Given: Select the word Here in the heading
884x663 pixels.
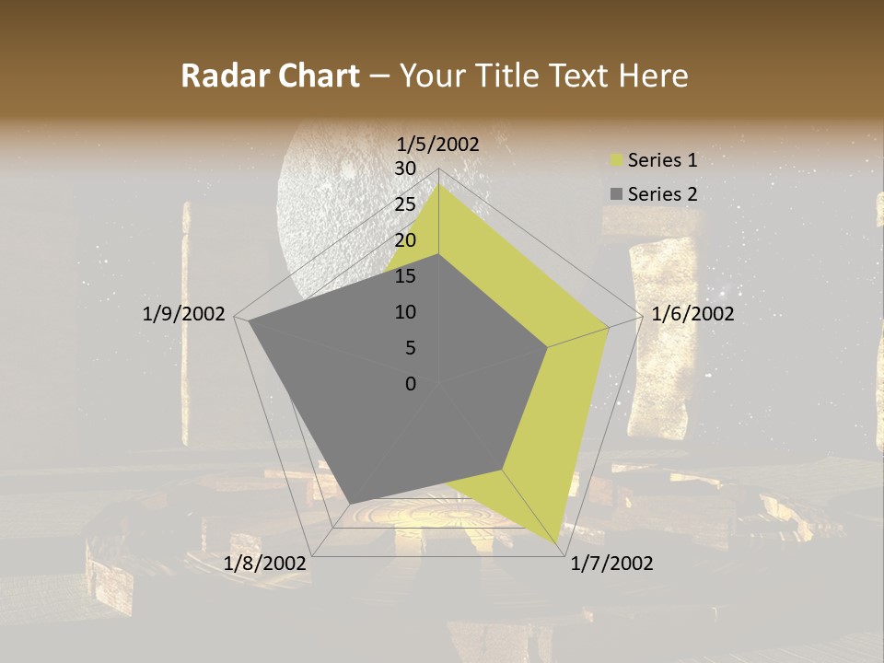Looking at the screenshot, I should (x=653, y=76).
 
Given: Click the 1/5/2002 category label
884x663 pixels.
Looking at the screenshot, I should (x=438, y=145).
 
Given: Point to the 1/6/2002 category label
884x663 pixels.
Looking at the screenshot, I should (x=692, y=314).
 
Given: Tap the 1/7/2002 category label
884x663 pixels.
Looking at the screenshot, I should (x=611, y=564).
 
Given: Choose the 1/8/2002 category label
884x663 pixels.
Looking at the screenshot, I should (x=265, y=564).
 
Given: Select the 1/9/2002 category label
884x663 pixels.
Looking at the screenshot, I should (x=184, y=314).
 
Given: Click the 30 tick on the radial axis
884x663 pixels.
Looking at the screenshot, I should (x=405, y=169).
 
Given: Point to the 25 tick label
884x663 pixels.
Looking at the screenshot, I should (x=405, y=204).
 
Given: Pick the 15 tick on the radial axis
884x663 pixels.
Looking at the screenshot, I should (x=405, y=276).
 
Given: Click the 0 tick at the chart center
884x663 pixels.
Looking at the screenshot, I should (x=411, y=384).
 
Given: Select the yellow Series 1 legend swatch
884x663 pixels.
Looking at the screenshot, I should (x=616, y=161).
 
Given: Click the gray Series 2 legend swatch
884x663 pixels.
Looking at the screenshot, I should (x=616, y=194).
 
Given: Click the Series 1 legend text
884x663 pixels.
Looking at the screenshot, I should (x=662, y=161).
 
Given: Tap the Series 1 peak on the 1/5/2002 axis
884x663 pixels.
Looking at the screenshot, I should (x=438, y=183).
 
